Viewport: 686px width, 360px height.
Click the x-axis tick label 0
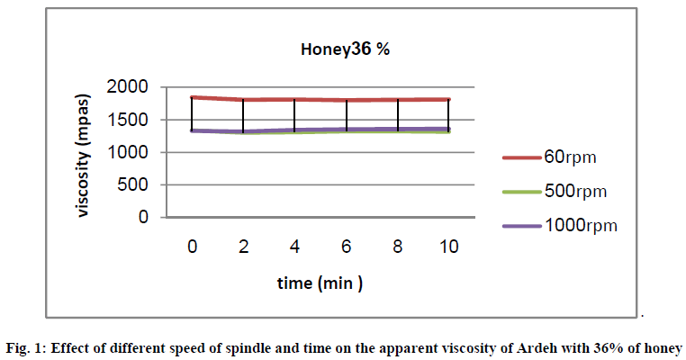192,245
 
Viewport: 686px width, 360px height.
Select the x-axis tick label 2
243,245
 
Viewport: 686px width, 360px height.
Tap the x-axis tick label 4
294,245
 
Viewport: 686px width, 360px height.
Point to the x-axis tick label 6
346,245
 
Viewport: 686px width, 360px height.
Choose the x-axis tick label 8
397,245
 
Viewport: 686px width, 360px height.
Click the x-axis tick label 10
448,245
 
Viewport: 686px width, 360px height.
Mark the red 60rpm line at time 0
193,97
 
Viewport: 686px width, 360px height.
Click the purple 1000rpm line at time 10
448,130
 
